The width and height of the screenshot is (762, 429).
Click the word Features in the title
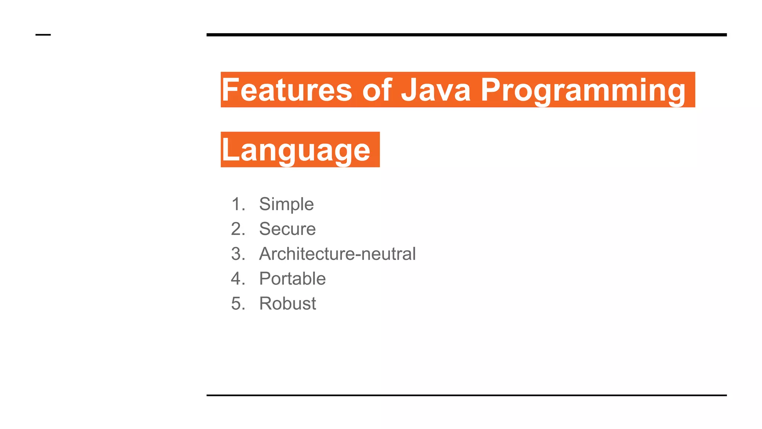pyautogui.click(x=286, y=90)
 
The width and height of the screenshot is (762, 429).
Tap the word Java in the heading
pyautogui.click(x=436, y=90)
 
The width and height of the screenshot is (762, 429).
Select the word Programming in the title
pyautogui.click(x=583, y=90)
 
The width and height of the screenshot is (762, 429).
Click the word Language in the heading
pyautogui.click(x=296, y=150)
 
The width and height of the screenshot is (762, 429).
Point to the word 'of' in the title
pyautogui.click(x=377, y=90)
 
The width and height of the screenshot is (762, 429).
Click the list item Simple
pyautogui.click(x=286, y=204)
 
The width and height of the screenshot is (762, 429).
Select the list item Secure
pyautogui.click(x=287, y=229)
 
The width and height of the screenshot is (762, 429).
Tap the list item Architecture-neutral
pyautogui.click(x=337, y=254)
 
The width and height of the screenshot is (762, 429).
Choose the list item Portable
pyautogui.click(x=292, y=279)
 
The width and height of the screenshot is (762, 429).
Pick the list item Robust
pyautogui.click(x=287, y=304)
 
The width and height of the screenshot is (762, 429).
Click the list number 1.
pyautogui.click(x=238, y=204)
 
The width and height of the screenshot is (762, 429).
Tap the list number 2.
pyautogui.click(x=238, y=229)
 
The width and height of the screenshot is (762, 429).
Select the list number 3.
pyautogui.click(x=238, y=254)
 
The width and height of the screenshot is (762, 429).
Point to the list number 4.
pyautogui.click(x=238, y=279)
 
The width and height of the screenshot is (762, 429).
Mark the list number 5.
pyautogui.click(x=238, y=304)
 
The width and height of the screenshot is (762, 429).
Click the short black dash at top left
pyautogui.click(x=43, y=35)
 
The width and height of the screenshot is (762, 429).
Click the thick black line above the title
pyautogui.click(x=466, y=35)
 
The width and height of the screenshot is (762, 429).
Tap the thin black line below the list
pyautogui.click(x=466, y=395)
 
